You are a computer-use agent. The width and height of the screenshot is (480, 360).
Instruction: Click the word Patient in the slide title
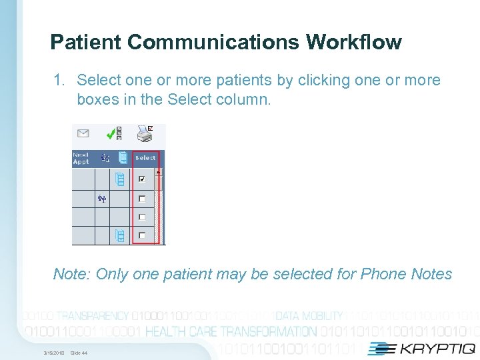(x=86, y=43)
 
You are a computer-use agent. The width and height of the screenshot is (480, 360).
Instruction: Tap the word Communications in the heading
(x=213, y=43)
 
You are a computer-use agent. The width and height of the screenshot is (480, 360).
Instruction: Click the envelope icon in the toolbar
(x=83, y=133)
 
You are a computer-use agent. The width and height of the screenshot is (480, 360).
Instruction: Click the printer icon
(x=145, y=134)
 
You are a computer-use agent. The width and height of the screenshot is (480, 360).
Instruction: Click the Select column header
(x=145, y=158)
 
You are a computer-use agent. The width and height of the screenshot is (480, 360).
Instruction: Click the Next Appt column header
(x=81, y=159)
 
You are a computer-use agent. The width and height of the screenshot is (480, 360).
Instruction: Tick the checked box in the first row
(x=141, y=179)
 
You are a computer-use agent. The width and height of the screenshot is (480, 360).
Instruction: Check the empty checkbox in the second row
(x=141, y=199)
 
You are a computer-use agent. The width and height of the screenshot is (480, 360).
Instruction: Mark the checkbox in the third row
(x=141, y=217)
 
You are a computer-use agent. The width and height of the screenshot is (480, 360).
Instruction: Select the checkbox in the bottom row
(x=141, y=235)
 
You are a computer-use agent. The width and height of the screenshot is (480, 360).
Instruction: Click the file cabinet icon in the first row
(x=120, y=179)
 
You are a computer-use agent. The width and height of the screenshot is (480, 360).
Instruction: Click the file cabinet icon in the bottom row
(x=120, y=235)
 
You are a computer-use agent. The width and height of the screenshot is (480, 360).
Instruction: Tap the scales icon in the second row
(x=102, y=198)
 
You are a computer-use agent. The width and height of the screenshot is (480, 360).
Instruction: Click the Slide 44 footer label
(x=79, y=353)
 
